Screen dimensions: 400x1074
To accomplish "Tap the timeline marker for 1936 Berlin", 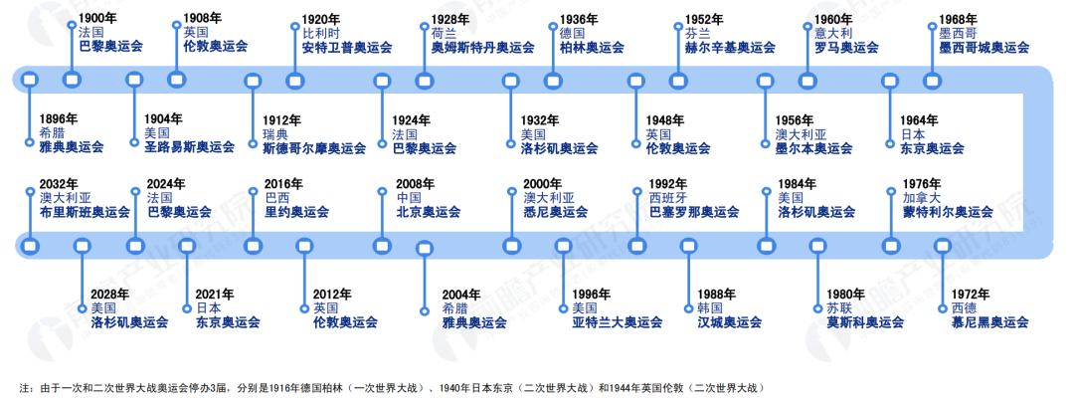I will (552, 80).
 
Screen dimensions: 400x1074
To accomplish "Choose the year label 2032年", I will (58, 184).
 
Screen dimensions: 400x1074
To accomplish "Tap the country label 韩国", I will (711, 308).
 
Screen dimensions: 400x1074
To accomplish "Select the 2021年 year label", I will (215, 294).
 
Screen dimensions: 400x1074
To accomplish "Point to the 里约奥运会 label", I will (296, 212).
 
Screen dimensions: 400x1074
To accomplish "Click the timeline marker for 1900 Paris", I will (70, 80).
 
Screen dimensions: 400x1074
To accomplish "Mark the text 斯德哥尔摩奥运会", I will (314, 148).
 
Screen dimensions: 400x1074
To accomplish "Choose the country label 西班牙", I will (668, 198).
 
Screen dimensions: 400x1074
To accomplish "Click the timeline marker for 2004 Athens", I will (425, 249).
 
